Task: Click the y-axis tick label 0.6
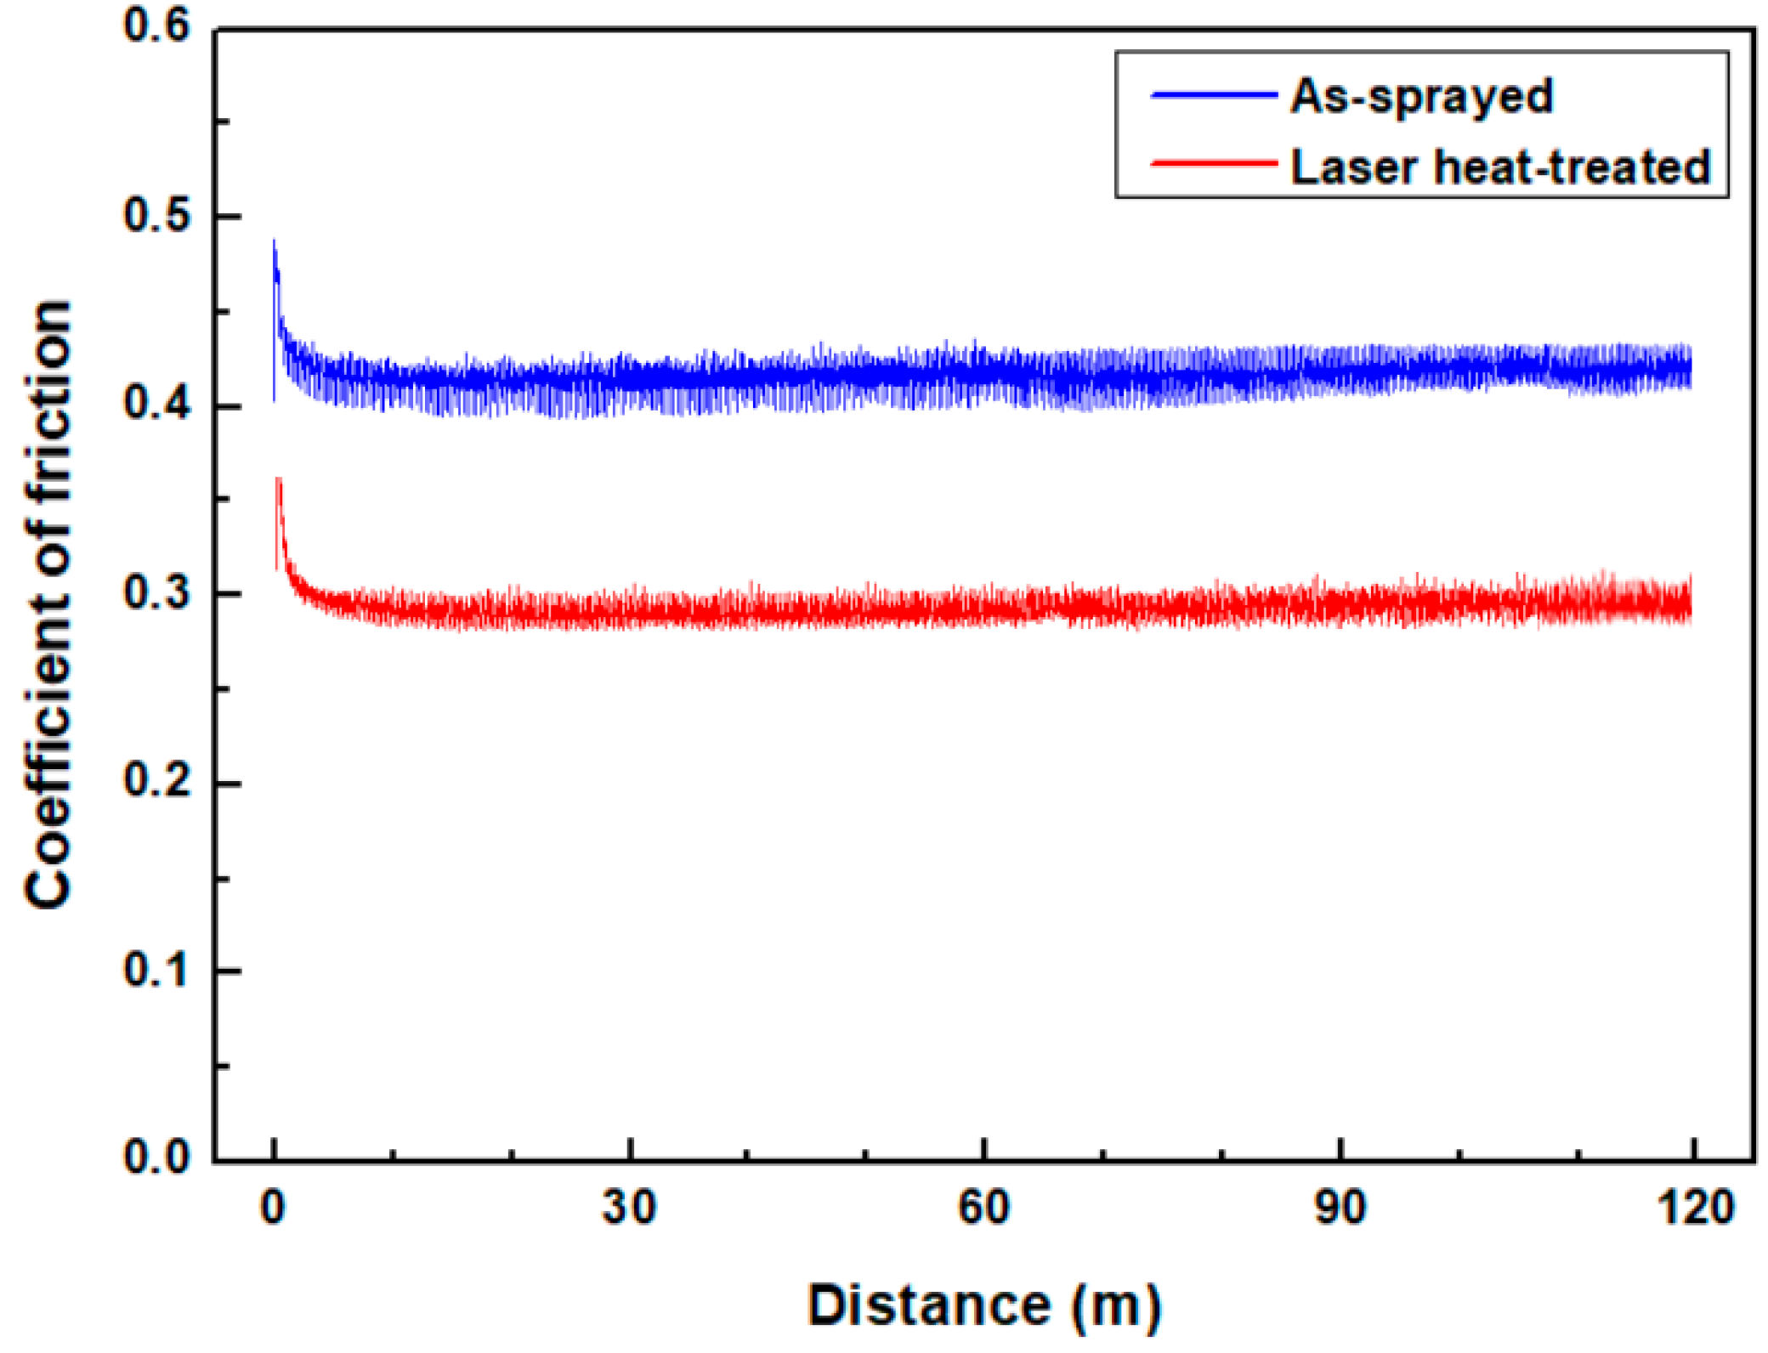[156, 25]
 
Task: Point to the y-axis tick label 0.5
[156, 214]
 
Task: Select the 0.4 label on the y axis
[156, 403]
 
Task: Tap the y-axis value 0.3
[156, 592]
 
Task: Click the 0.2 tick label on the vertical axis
[156, 780]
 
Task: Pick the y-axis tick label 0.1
[156, 970]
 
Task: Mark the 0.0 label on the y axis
[156, 1158]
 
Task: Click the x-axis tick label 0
[273, 1208]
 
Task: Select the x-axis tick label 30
[629, 1208]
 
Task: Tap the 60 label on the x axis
[983, 1208]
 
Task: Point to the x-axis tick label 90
[1340, 1208]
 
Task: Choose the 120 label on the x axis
[1695, 1208]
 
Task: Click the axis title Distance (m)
[983, 1305]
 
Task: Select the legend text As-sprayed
[1421, 96]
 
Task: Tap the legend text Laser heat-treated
[1500, 167]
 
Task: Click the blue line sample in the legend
[1214, 95]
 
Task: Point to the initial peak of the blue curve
[274, 243]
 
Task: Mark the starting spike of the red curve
[278, 481]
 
